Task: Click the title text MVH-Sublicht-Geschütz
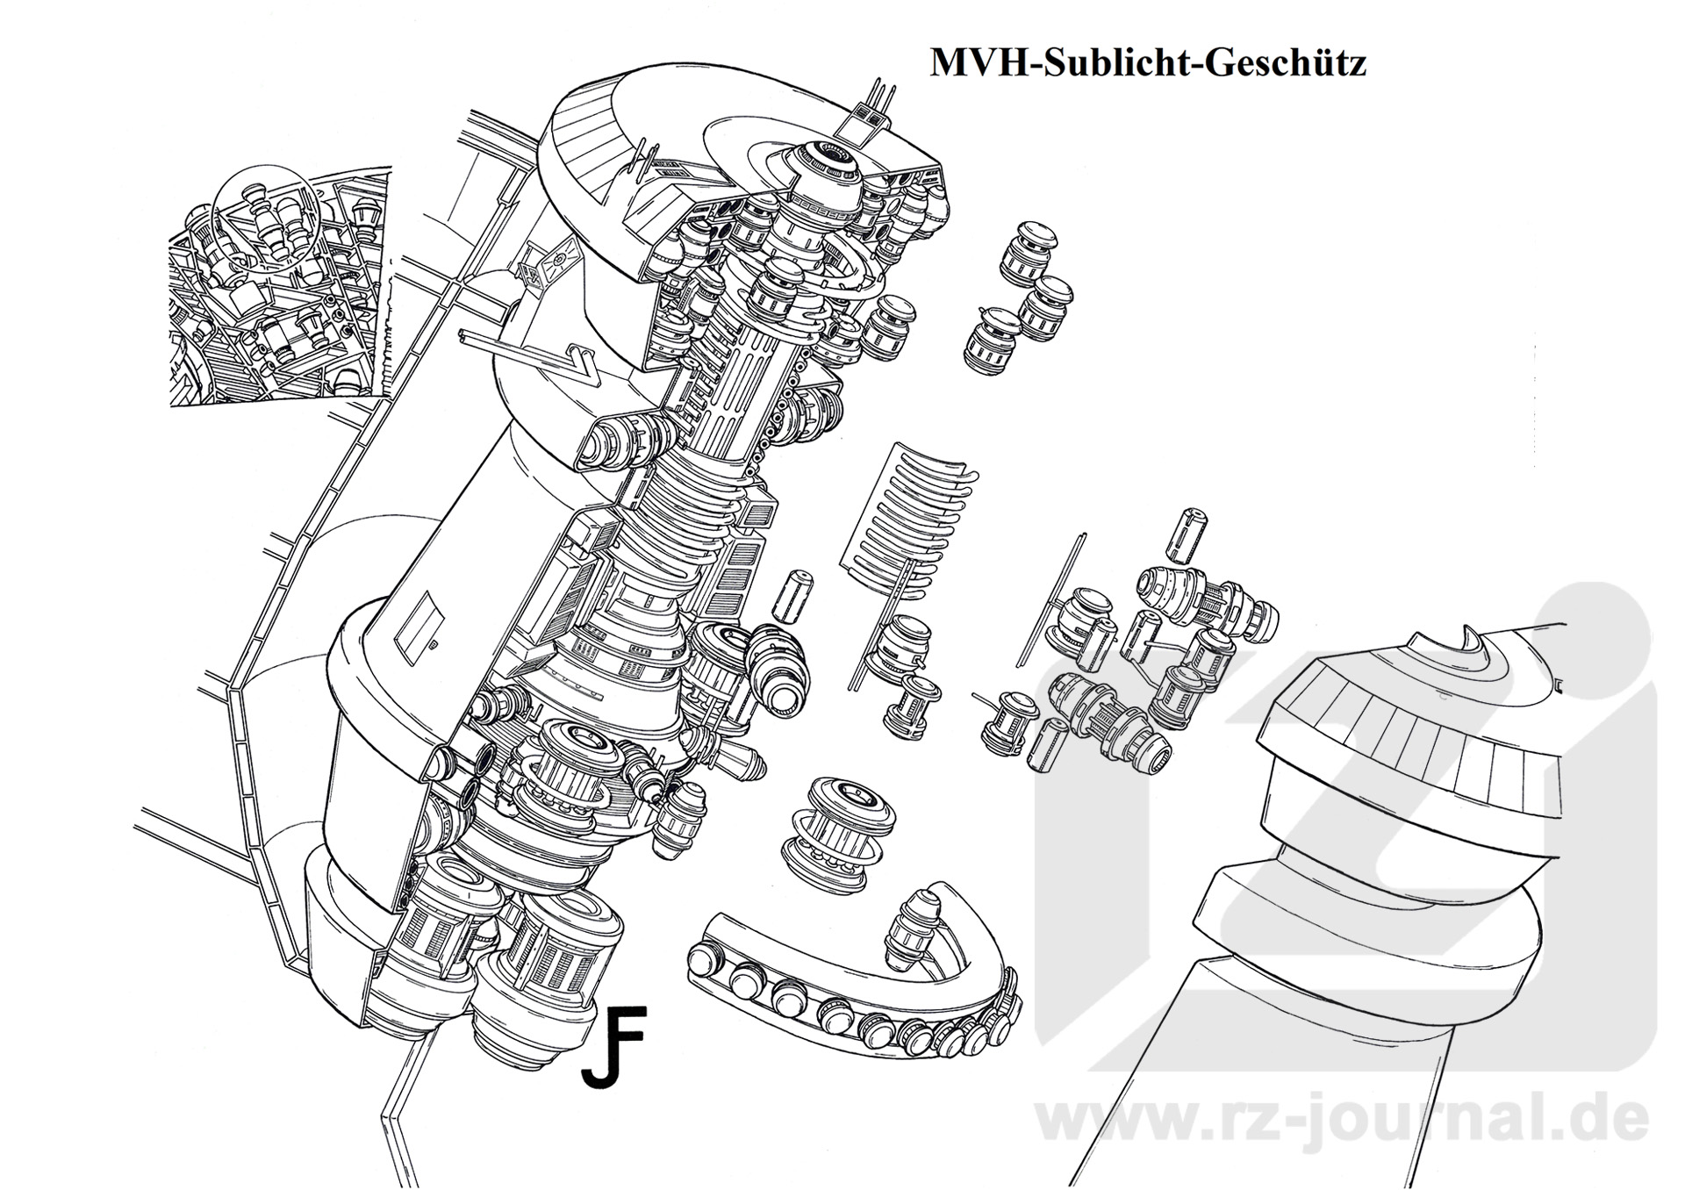(x=1147, y=63)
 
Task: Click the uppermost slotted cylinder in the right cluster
(x=1187, y=533)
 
